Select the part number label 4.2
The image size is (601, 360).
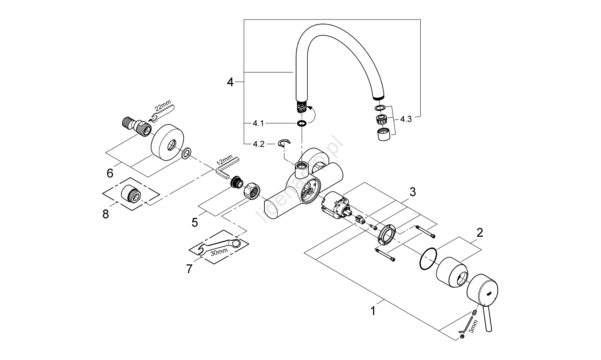[x=258, y=144]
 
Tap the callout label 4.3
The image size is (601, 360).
[x=405, y=119]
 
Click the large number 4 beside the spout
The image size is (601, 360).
[x=230, y=82]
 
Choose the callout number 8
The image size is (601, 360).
[x=105, y=214]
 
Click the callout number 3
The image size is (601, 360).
[x=412, y=192]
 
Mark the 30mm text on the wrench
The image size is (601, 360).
[x=219, y=251]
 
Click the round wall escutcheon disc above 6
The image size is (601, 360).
[x=167, y=143]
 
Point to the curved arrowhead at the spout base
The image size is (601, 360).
[x=308, y=108]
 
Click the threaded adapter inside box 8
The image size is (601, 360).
[x=131, y=196]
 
